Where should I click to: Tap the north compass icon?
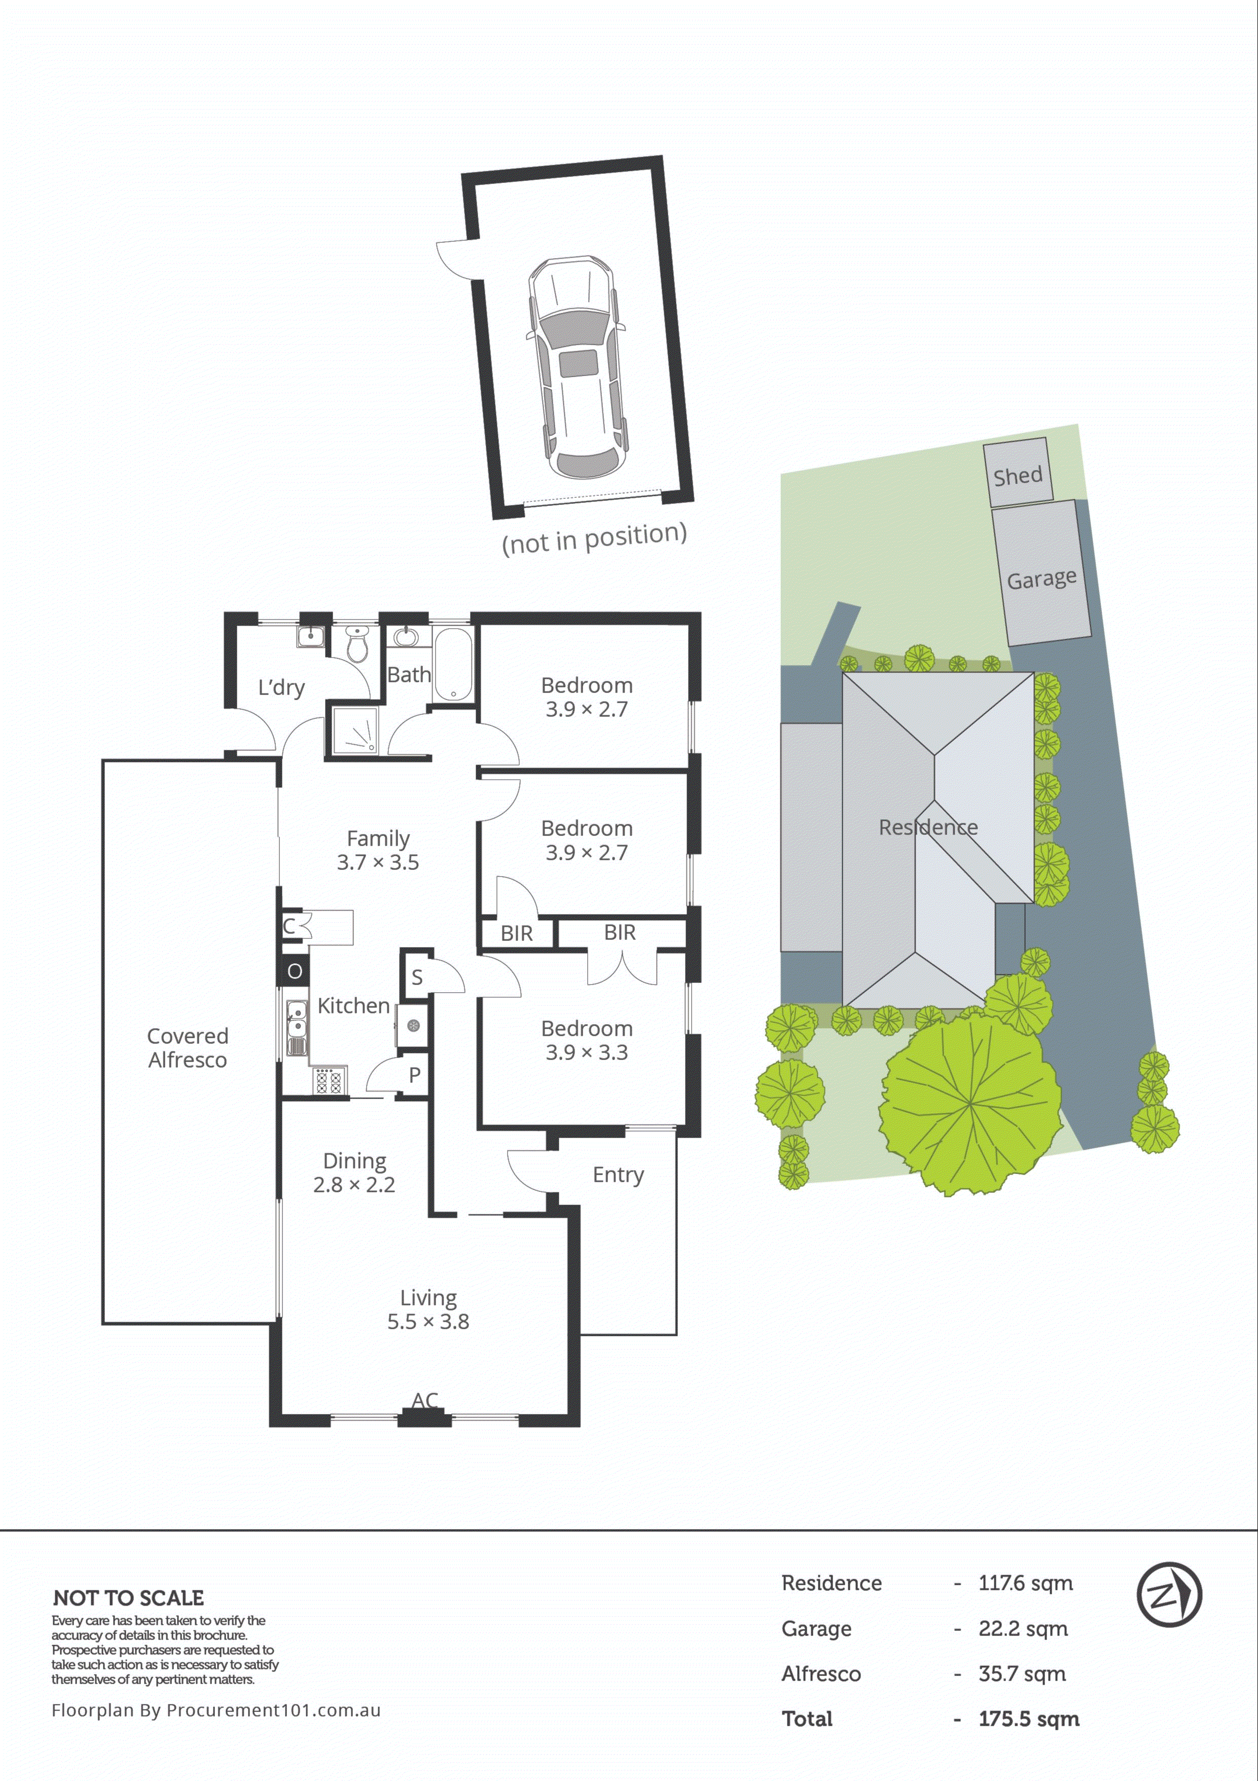click(x=1169, y=1595)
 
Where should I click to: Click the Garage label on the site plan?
click(x=1041, y=578)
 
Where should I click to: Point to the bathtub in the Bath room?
click(x=452, y=664)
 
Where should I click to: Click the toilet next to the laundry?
click(x=357, y=644)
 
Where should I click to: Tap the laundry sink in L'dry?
click(x=310, y=636)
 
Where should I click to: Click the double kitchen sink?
click(x=296, y=1028)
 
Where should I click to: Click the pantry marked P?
click(x=415, y=1074)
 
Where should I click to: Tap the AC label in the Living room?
click(x=425, y=1399)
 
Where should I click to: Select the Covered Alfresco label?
click(x=188, y=1047)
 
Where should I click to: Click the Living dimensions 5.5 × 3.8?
click(x=428, y=1321)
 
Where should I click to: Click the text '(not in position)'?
click(x=594, y=537)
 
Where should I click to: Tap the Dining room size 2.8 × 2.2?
click(x=354, y=1184)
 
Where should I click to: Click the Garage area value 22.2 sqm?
click(x=1023, y=1628)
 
